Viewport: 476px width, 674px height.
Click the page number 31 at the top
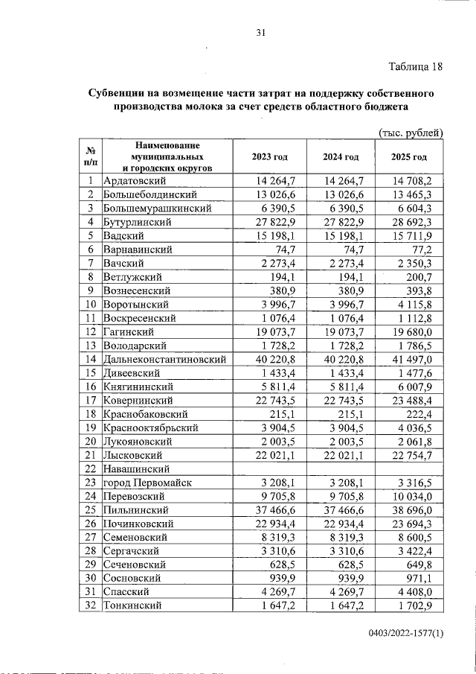[x=260, y=32]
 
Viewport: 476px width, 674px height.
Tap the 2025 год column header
[x=409, y=157]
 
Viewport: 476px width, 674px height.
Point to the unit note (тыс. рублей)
[x=411, y=133]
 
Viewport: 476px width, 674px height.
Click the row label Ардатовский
[x=135, y=180]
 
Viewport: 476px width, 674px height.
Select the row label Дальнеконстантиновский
[x=165, y=359]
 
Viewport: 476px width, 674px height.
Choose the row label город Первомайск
[x=148, y=482]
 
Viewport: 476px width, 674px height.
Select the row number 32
[x=90, y=605]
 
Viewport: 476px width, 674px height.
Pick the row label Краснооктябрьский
[x=151, y=427]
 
